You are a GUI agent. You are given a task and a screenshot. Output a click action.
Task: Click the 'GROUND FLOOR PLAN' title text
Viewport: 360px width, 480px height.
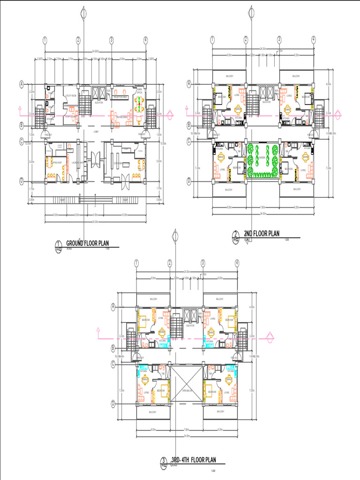click(88, 243)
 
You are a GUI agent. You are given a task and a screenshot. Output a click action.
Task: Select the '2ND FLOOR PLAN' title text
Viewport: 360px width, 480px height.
click(262, 233)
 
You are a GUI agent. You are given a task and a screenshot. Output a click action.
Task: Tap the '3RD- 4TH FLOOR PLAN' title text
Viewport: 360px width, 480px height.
click(194, 459)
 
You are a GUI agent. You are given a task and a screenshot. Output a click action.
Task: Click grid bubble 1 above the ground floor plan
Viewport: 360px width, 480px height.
click(45, 40)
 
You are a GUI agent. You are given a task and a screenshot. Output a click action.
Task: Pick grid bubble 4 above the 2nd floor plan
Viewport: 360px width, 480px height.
click(313, 40)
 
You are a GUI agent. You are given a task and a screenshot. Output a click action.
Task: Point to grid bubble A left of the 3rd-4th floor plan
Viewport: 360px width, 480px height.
click(113, 307)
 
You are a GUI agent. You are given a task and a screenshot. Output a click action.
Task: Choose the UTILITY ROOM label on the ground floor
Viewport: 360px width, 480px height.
click(71, 95)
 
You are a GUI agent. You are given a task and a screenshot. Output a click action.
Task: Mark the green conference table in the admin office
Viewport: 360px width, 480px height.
click(138, 104)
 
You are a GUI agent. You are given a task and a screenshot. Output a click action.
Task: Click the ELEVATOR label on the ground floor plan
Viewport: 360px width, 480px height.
click(99, 103)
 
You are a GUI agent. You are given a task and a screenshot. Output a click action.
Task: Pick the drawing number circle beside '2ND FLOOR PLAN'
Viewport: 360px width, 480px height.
click(235, 235)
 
